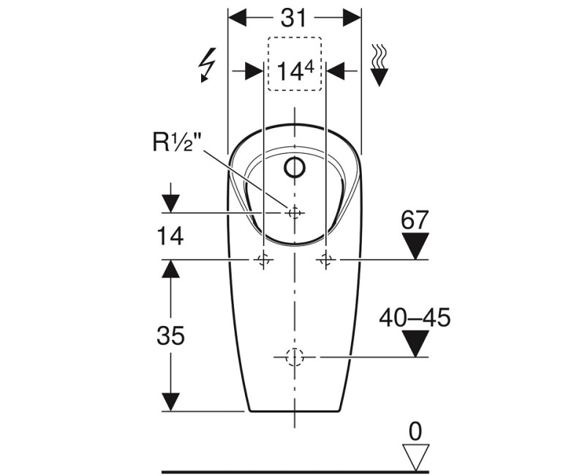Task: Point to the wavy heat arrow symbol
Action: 380,64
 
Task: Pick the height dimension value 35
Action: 170,335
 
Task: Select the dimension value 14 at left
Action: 170,236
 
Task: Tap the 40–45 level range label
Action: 415,317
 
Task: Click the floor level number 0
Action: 415,431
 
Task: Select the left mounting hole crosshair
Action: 263,259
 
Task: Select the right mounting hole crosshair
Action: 326,259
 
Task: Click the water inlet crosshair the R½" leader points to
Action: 295,212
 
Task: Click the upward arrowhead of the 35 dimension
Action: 170,269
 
